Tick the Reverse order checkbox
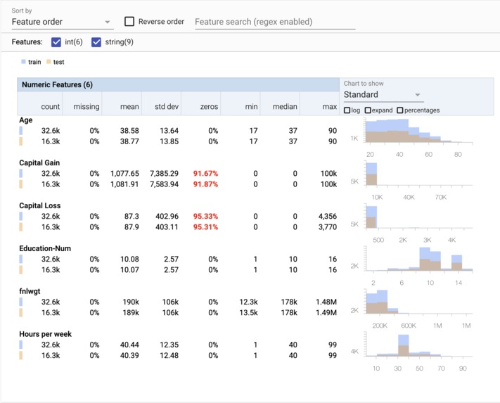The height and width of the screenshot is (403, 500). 129,22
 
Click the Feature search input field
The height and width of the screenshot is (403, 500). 274,22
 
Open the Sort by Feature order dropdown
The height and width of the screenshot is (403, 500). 62,22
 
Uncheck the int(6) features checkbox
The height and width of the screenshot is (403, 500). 57,42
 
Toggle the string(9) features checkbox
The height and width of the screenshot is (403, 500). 97,42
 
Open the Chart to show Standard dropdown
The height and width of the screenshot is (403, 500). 383,94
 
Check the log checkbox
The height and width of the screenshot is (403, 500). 347,110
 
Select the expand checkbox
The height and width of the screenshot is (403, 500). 368,110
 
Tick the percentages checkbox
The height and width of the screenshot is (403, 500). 400,110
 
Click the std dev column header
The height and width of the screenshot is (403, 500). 164,108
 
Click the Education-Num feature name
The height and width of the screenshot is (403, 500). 46,249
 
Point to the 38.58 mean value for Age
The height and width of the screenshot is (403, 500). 129,131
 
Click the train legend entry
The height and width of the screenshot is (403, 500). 32,62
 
